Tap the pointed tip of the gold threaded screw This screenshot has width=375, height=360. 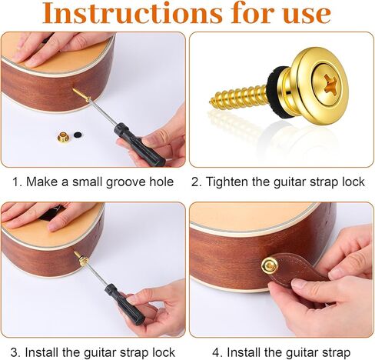[x=212, y=101]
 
